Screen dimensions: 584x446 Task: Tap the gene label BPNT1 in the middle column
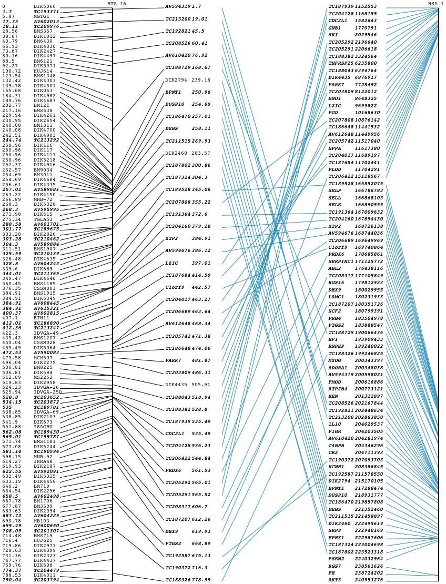[174, 92]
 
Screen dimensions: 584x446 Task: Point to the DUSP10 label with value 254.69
[176, 104]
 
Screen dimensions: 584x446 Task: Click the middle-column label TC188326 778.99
[188, 579]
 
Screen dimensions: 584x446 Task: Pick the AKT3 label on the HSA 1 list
[336, 579]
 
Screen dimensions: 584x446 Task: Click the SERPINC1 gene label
[341, 261]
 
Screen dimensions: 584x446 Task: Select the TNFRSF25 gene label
[341, 63]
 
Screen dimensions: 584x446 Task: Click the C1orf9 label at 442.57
[175, 287]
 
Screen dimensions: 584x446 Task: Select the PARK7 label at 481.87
[174, 360]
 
